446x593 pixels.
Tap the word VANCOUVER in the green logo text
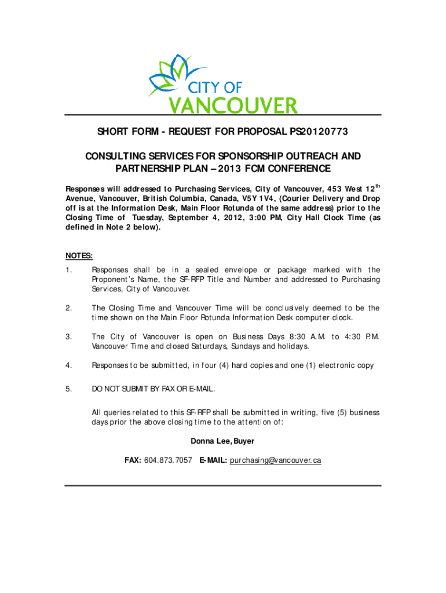[x=233, y=105]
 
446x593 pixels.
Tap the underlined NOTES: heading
[x=79, y=255]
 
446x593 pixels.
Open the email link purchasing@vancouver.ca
[x=275, y=460]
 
